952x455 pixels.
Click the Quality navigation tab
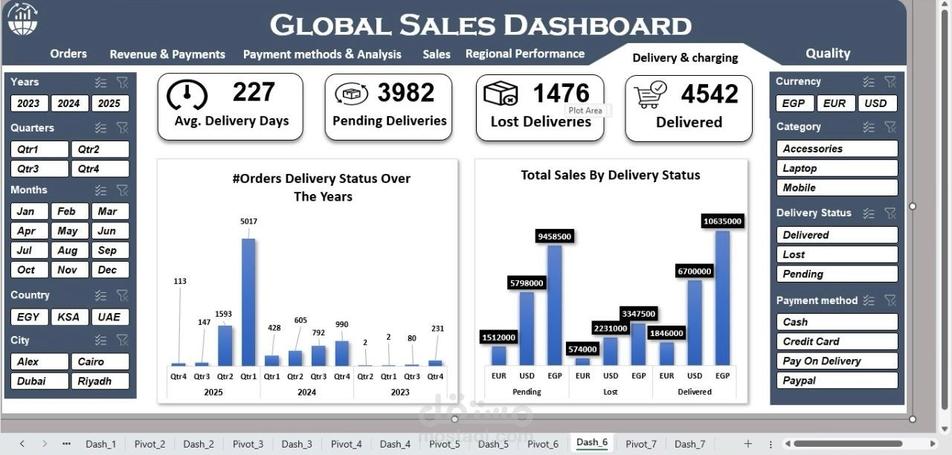pyautogui.click(x=827, y=54)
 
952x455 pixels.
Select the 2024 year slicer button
pyautogui.click(x=68, y=103)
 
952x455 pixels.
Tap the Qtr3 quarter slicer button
pyautogui.click(x=39, y=169)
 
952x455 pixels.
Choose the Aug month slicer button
pyautogui.click(x=67, y=251)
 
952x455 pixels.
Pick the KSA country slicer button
pyautogui.click(x=69, y=317)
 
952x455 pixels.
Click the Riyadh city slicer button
pyautogui.click(x=100, y=381)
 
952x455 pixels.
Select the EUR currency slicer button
pyautogui.click(x=834, y=103)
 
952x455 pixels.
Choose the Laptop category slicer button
pyautogui.click(x=836, y=168)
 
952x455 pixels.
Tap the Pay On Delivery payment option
pyautogui.click(x=836, y=361)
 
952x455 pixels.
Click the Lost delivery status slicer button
pyautogui.click(x=836, y=254)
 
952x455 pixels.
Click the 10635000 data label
pyautogui.click(x=722, y=221)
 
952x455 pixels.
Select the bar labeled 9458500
pyautogui.click(x=554, y=305)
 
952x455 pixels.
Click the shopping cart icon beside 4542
pyautogui.click(x=651, y=95)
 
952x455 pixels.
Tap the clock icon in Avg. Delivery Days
pyautogui.click(x=187, y=95)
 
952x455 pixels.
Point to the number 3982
pyautogui.click(x=405, y=93)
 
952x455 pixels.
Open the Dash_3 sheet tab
pyautogui.click(x=297, y=444)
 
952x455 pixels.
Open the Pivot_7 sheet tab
pyautogui.click(x=640, y=444)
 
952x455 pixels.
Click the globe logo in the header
pyautogui.click(x=22, y=19)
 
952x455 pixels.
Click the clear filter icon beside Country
pyautogui.click(x=123, y=295)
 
